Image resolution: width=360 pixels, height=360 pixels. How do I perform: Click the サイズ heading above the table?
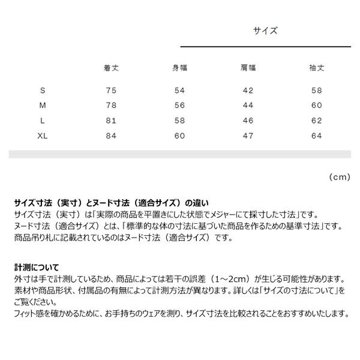tap(265, 31)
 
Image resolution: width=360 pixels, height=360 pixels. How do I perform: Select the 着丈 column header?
tap(110, 68)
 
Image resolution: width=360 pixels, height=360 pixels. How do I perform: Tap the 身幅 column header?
tap(179, 68)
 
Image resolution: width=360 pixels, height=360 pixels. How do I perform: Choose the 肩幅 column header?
tap(248, 68)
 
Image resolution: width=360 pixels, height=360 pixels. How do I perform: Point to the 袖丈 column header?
tap(317, 68)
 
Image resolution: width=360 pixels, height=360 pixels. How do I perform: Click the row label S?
tap(42, 91)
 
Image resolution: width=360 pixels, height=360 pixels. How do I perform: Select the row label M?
tap(42, 106)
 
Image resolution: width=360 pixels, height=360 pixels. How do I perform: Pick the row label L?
tap(42, 121)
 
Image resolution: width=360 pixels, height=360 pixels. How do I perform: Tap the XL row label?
tap(42, 136)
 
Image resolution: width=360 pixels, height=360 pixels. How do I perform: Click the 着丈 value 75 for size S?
tap(110, 91)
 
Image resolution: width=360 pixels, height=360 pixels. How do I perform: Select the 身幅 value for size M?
tap(179, 106)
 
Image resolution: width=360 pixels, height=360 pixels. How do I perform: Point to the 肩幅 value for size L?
tap(248, 121)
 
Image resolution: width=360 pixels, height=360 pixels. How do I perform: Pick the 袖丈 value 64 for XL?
tap(317, 136)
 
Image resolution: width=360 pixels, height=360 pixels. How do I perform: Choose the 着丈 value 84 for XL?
tap(110, 136)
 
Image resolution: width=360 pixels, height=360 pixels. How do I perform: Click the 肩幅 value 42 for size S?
tap(248, 91)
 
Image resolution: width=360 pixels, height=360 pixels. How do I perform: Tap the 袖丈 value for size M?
tap(317, 106)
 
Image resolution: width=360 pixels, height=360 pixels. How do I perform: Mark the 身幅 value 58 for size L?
tap(179, 121)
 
